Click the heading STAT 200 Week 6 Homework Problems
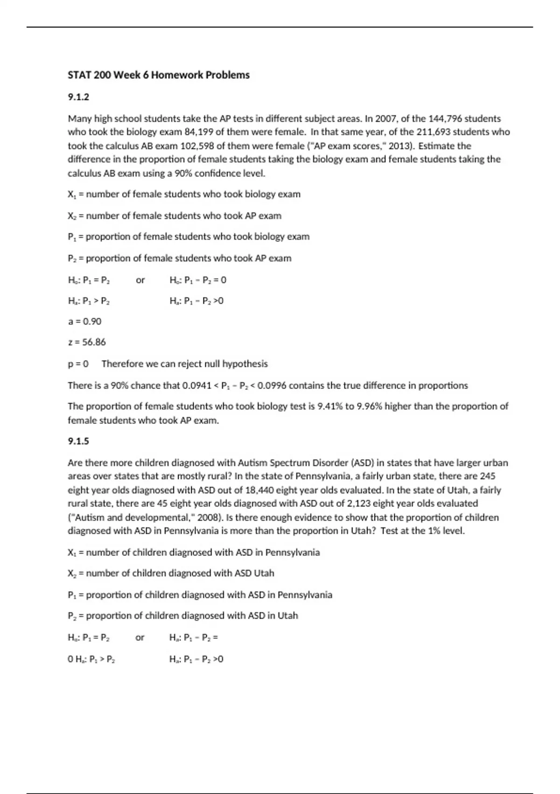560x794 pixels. coord(159,75)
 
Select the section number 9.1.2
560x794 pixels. coord(78,97)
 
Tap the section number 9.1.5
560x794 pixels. coord(78,441)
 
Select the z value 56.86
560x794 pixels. coord(94,342)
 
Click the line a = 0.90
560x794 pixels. coord(84,321)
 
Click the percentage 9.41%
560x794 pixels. coord(330,406)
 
